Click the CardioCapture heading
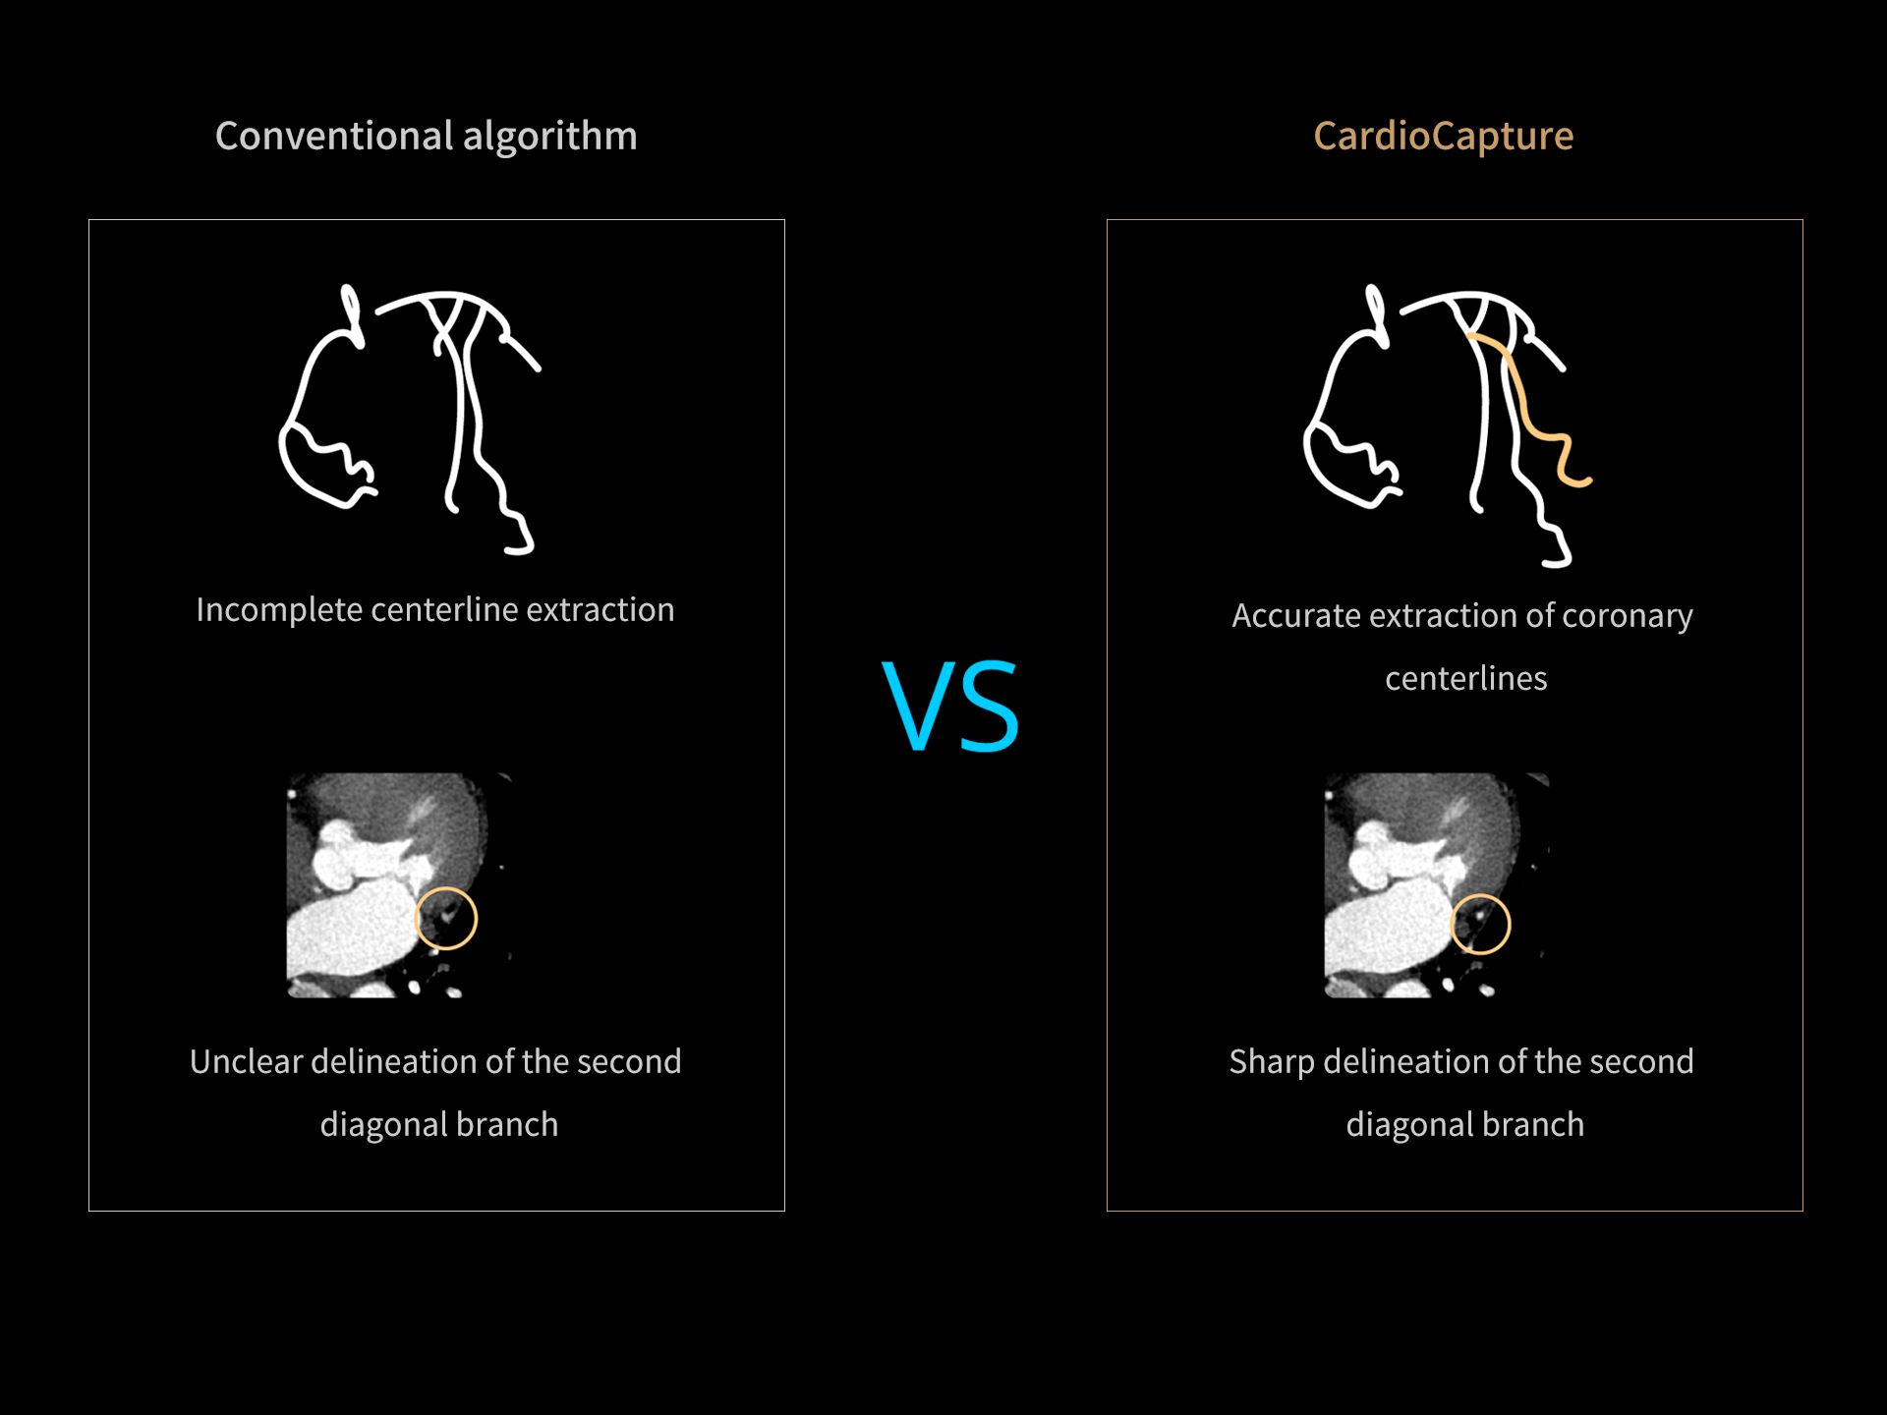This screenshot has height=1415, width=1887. click(1443, 137)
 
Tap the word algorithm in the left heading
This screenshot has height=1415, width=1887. click(550, 137)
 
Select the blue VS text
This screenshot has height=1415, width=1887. click(950, 705)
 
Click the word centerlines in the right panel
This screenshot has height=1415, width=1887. click(1465, 678)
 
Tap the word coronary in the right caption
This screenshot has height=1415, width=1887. click(1627, 616)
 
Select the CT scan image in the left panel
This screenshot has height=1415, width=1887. click(399, 884)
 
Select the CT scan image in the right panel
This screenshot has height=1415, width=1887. click(1437, 884)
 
